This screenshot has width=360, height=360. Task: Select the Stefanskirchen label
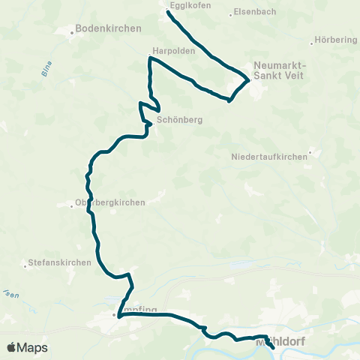pos(60,262)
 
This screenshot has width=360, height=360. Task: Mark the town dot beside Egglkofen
pos(167,10)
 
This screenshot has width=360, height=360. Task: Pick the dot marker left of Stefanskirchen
pos(25,263)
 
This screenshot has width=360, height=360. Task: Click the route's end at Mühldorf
pos(274,349)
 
